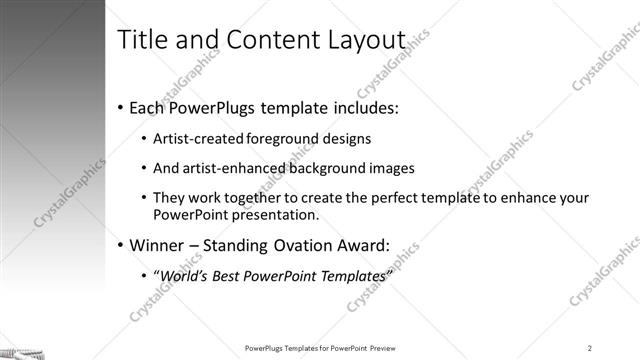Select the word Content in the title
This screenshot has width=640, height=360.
click(x=262, y=41)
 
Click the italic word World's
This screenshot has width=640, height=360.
click(x=190, y=276)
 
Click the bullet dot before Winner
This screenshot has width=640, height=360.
click(x=121, y=245)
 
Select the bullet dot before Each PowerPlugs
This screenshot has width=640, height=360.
click(x=121, y=107)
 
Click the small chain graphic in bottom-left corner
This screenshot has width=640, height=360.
click(x=20, y=352)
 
